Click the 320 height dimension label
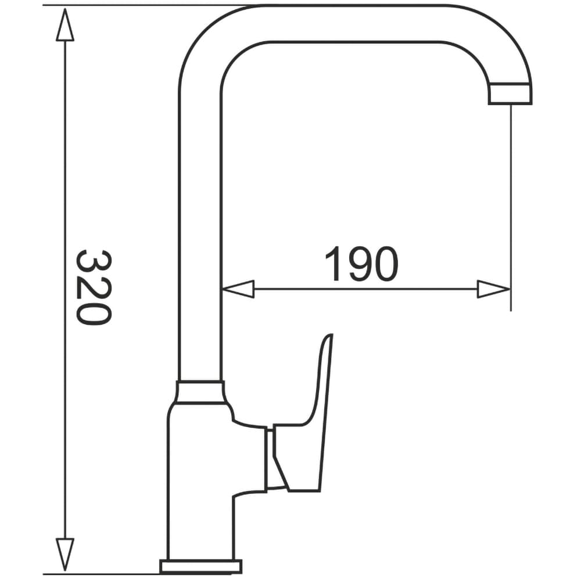tap(94, 288)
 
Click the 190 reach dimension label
tap(361, 264)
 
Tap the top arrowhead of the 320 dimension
tap(65, 24)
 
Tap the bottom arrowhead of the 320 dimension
tap(65, 554)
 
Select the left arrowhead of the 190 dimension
tap(238, 289)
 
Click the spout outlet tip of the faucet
tap(510, 94)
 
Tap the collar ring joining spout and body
tap(200, 392)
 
